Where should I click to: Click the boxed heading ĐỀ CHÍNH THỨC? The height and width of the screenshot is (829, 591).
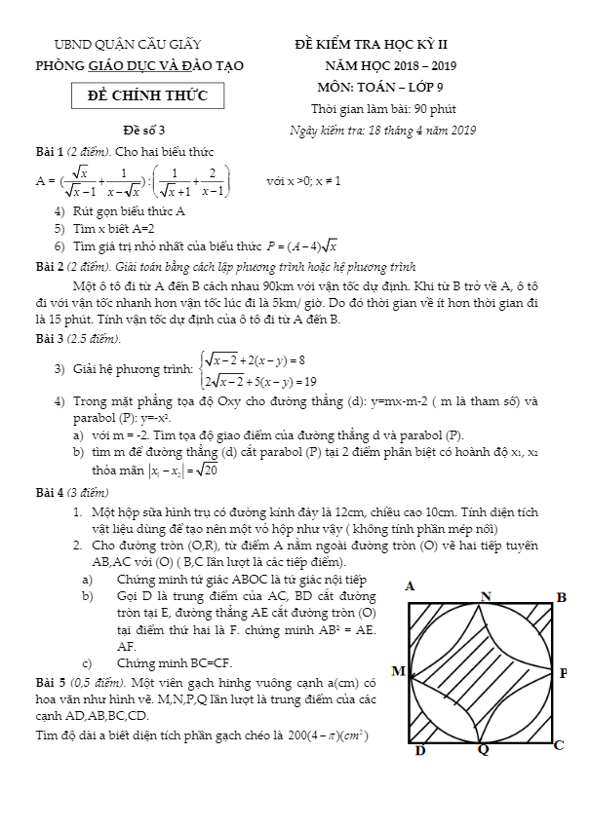point(148,95)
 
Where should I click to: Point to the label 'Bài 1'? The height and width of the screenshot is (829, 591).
point(49,151)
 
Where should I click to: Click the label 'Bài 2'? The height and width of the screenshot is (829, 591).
point(49,265)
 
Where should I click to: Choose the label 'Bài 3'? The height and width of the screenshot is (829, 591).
point(49,338)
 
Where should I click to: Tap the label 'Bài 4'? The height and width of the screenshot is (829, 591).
point(49,492)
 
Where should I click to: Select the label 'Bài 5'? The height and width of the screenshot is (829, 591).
point(49,682)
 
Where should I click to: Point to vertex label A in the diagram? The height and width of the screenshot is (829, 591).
point(410,586)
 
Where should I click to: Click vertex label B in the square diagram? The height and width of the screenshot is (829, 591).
point(561,596)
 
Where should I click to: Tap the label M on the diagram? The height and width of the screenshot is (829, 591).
point(397,672)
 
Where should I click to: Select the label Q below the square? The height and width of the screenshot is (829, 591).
point(483,750)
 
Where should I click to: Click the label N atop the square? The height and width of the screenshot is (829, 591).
point(486,595)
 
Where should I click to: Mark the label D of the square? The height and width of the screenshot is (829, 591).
point(419,750)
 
